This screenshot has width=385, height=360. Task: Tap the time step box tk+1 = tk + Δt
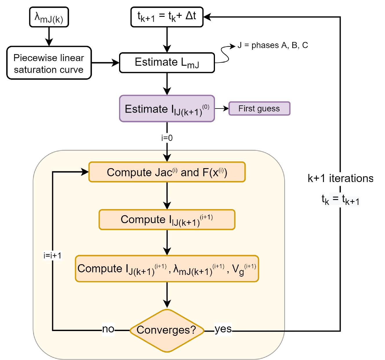(x=167, y=16)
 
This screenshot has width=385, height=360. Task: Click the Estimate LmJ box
(x=167, y=63)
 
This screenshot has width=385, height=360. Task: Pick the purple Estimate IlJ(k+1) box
(x=167, y=109)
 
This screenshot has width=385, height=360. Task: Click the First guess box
(x=259, y=109)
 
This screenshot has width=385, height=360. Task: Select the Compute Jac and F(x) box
(x=167, y=172)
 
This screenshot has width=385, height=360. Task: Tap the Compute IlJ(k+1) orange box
(x=167, y=220)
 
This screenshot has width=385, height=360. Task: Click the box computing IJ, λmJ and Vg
(x=167, y=269)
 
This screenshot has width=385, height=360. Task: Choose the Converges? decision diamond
(x=167, y=330)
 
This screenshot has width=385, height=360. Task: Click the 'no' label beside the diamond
(x=108, y=329)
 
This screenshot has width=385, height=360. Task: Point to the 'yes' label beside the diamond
(x=223, y=329)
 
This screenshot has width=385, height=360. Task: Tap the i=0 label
(x=167, y=138)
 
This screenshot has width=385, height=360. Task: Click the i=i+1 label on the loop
(x=52, y=255)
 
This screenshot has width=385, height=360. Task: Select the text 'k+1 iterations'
(x=340, y=178)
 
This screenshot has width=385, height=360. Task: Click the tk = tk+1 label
(x=340, y=200)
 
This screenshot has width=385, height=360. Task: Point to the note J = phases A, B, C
(x=273, y=45)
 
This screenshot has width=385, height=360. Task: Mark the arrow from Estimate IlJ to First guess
(x=222, y=109)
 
